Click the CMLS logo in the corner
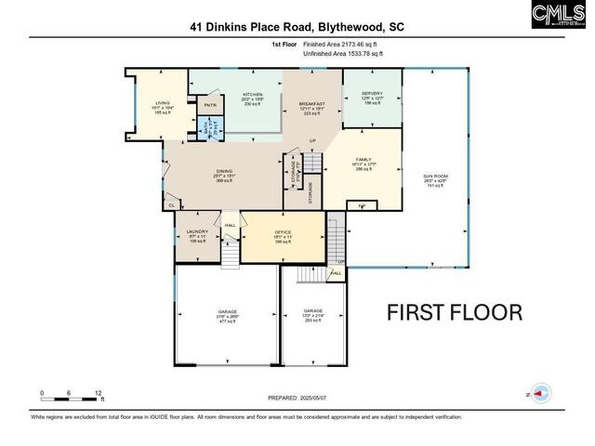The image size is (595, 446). tap(561, 15)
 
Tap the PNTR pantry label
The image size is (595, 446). tap(210, 106)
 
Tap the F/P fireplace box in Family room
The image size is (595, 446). tap(363, 204)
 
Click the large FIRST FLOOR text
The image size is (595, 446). tap(455, 312)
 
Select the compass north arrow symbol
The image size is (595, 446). tap(536, 393)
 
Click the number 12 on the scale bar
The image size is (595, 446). tap(99, 393)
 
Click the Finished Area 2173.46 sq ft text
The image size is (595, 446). tap(339, 45)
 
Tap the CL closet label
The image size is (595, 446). tap(171, 205)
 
